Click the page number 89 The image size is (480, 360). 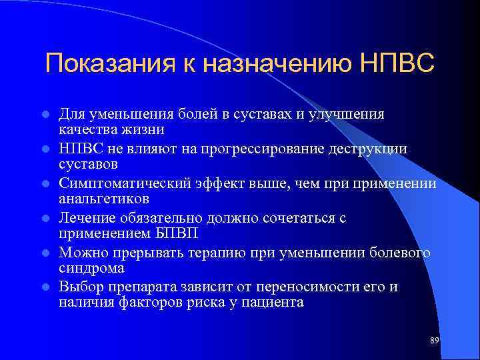coord(434,341)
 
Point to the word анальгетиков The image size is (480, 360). coord(103,198)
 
